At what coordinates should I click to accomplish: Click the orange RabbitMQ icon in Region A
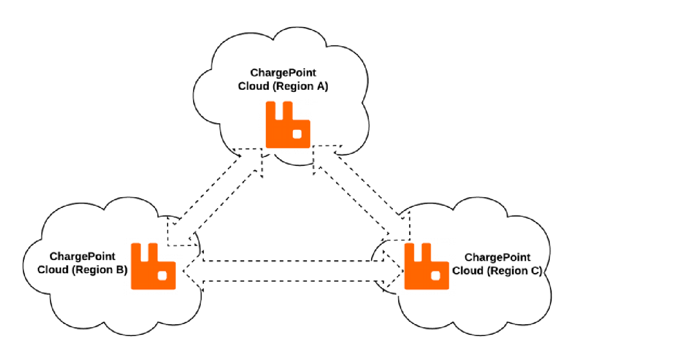(288, 125)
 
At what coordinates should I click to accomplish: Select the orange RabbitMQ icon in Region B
(153, 266)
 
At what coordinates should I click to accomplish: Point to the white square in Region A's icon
(297, 134)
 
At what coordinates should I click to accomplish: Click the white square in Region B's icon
(163, 275)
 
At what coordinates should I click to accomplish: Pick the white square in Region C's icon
(436, 275)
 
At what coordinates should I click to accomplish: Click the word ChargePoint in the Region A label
(283, 73)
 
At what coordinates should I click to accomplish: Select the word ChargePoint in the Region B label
(82, 257)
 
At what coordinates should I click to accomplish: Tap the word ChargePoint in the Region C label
(497, 257)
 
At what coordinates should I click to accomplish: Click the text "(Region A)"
(301, 86)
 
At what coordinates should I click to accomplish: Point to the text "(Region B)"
(100, 270)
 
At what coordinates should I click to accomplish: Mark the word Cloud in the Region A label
(253, 86)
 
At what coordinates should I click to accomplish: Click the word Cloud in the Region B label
(53, 270)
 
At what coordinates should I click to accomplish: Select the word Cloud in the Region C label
(468, 271)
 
